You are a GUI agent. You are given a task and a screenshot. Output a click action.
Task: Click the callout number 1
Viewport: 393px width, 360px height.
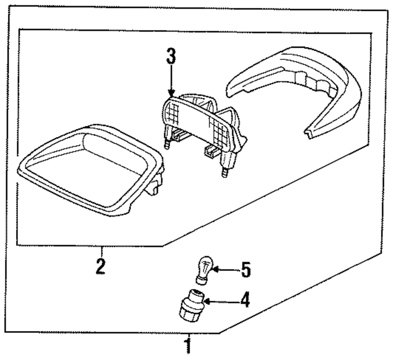pyautogui.click(x=188, y=347)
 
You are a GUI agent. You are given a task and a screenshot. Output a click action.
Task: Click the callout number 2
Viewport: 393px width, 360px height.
pyautogui.click(x=101, y=265)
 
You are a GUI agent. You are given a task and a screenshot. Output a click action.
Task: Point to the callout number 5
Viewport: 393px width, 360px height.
pyautogui.click(x=245, y=270)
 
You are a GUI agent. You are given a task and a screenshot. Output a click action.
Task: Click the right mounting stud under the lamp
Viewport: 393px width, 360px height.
pyautogui.click(x=225, y=172)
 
